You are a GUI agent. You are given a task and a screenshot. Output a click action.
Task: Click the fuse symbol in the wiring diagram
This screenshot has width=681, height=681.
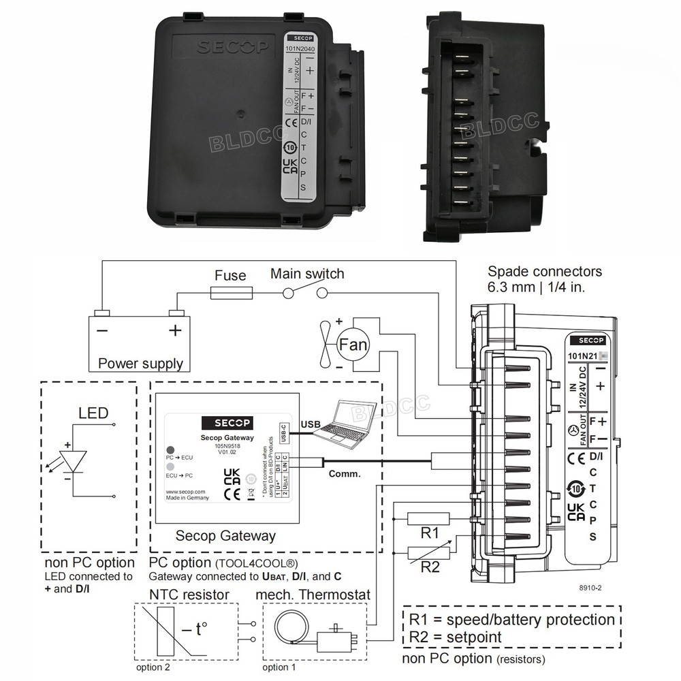(x=232, y=293)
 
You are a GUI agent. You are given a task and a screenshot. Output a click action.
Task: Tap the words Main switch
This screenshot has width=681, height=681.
(x=307, y=274)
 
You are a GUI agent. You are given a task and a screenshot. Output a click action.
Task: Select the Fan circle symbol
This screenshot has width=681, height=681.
(x=353, y=345)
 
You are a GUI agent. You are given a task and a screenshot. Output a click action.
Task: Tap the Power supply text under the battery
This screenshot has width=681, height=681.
(x=140, y=363)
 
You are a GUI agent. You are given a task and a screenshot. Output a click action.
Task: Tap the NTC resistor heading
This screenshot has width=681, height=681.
(x=189, y=595)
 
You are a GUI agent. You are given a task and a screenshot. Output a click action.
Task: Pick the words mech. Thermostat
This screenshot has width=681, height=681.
(x=313, y=595)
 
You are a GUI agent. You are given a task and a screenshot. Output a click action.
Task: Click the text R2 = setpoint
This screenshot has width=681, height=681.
(x=456, y=637)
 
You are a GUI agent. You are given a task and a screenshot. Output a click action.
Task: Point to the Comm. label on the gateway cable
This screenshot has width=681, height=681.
(x=344, y=473)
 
